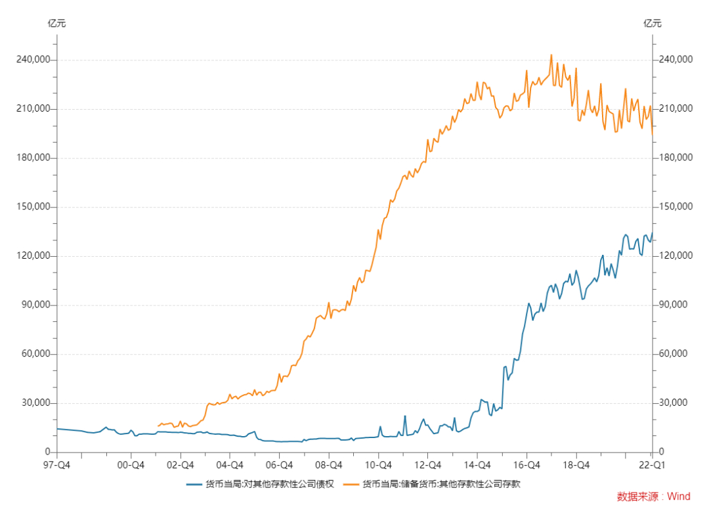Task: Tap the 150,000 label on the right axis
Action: pos(674,207)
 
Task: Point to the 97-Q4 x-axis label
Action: pos(57,465)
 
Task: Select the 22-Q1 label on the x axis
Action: pos(651,465)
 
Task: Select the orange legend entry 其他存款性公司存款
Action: pos(446,485)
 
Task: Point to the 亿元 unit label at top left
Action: pos(57,24)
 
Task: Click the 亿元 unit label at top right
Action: pos(652,24)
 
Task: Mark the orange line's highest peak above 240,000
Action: pos(551,55)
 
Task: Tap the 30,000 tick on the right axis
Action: pos(672,403)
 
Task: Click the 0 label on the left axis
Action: pos(47,453)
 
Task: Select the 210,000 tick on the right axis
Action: pos(674,109)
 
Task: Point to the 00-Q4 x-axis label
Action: pos(131,465)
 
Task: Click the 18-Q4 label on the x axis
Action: pos(576,465)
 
